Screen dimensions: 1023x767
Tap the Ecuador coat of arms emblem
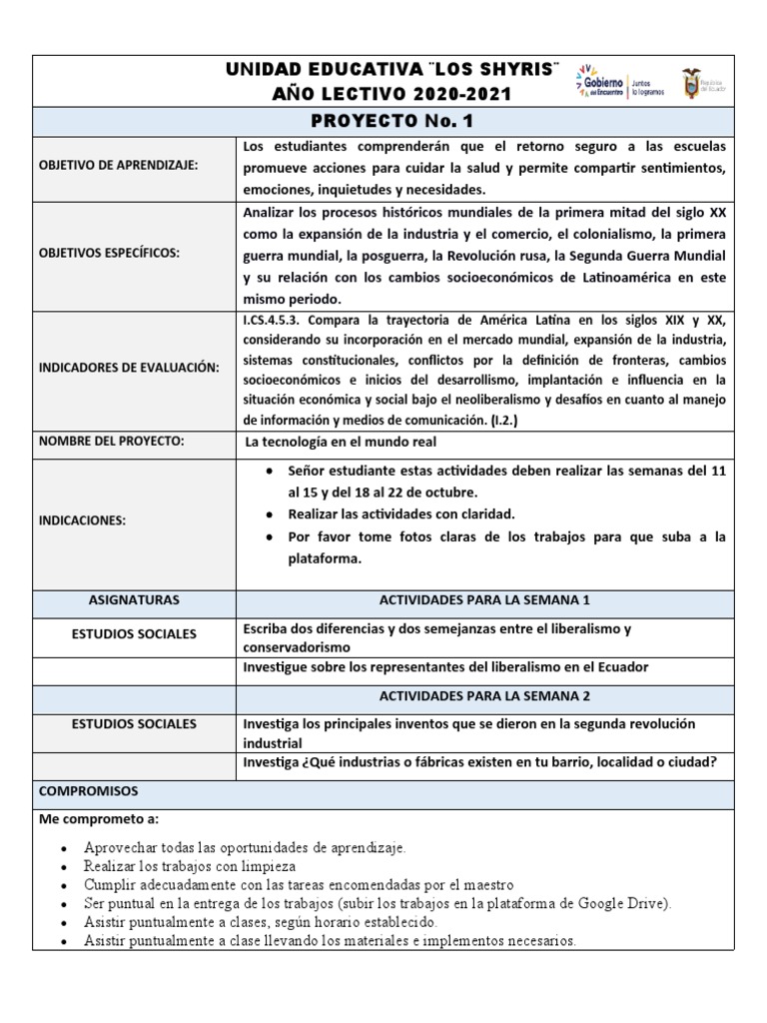click(690, 82)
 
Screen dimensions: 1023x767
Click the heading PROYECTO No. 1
click(383, 121)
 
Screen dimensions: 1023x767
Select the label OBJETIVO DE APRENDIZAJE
click(119, 166)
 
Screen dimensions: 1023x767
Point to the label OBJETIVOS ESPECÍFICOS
click(110, 254)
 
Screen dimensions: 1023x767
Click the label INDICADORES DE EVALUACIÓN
click(128, 369)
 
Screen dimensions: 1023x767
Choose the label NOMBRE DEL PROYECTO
click(113, 441)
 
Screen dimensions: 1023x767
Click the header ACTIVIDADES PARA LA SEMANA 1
click(485, 600)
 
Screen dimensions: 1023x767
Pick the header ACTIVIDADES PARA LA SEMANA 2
click(485, 696)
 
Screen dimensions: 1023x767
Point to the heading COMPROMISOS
click(90, 791)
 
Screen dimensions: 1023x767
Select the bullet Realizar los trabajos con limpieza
click(190, 866)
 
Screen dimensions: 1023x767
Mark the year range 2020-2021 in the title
click(455, 94)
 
